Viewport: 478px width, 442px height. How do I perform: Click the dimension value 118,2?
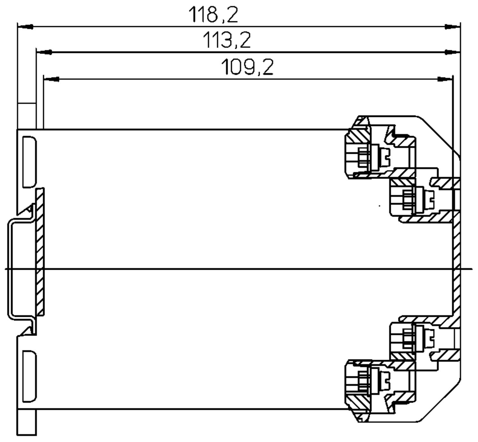(213, 15)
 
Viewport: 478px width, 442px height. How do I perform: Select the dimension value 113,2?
(227, 40)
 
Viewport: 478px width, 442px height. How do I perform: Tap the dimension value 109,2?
(247, 67)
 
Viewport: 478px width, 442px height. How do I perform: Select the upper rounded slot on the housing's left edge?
(29, 161)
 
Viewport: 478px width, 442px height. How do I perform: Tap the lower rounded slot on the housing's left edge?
(29, 376)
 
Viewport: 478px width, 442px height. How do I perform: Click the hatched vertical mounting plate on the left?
(40, 252)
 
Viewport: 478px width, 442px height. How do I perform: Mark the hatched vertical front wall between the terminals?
(456, 269)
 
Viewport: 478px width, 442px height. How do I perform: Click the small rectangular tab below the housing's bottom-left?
(27, 422)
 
